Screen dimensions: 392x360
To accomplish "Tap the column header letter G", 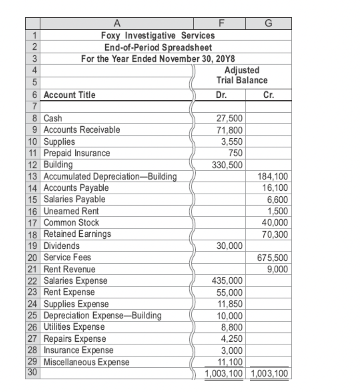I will [x=269, y=23].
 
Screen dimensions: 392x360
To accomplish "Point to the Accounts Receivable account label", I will [x=82, y=130].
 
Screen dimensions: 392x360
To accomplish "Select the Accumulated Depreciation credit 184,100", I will [x=273, y=177].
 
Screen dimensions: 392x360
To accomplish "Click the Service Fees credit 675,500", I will [x=273, y=258].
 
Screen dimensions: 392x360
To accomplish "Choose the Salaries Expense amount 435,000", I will [x=229, y=281].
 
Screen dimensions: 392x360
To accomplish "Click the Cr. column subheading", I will [x=269, y=95].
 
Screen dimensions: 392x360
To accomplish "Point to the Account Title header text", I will [x=69, y=95].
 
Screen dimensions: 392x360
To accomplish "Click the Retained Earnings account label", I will [x=77, y=234].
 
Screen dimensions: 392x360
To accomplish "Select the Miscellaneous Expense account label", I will [x=86, y=362].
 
